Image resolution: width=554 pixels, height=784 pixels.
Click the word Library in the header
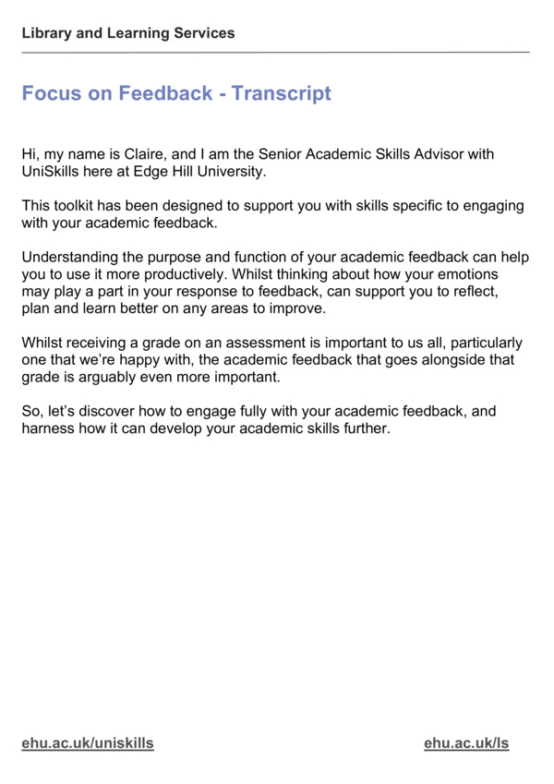[x=45, y=33]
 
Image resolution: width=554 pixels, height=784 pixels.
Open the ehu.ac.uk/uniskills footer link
[x=88, y=743]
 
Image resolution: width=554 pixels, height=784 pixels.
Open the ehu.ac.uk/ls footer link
[x=466, y=743]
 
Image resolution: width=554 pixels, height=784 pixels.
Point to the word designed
[x=210, y=206]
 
